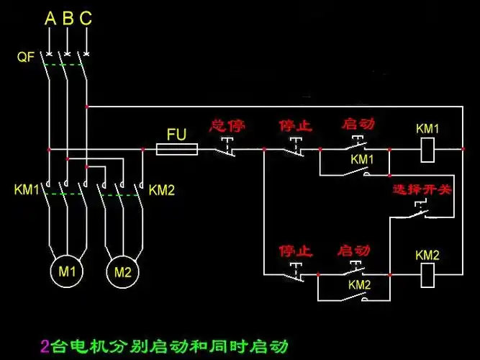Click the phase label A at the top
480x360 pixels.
(50, 19)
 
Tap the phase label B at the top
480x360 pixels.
(68, 19)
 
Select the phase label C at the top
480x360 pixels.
(86, 19)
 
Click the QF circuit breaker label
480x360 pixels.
(26, 57)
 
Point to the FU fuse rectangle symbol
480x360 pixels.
(178, 149)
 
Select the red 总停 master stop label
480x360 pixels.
(227, 126)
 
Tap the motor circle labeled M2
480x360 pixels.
(123, 271)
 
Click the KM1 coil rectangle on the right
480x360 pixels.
(428, 149)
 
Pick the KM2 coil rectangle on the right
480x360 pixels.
(428, 274)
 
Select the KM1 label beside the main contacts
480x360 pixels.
(27, 190)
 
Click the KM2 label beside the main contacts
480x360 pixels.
(162, 190)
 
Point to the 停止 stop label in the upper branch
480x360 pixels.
(296, 126)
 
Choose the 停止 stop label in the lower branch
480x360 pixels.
(296, 251)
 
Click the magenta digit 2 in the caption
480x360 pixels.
(45, 346)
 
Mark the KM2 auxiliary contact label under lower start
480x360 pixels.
(360, 285)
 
